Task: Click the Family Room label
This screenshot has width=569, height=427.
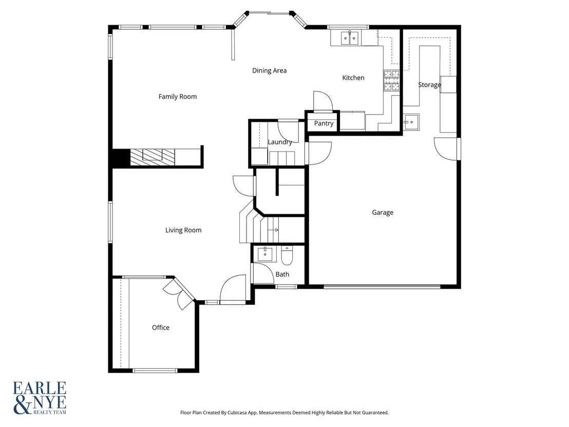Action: click(x=178, y=97)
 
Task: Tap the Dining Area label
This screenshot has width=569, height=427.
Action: click(x=269, y=70)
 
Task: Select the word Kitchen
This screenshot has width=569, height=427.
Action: click(x=353, y=78)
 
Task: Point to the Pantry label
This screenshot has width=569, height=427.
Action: click(x=324, y=123)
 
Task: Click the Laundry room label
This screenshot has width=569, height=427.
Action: click(x=280, y=142)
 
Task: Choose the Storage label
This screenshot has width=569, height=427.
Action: click(x=429, y=85)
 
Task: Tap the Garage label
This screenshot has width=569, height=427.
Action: click(x=383, y=212)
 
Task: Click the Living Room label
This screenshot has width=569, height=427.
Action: click(x=183, y=230)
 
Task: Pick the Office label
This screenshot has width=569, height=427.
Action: click(x=161, y=327)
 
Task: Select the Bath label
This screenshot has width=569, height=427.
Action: click(x=282, y=274)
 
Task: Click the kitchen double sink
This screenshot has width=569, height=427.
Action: click(x=350, y=38)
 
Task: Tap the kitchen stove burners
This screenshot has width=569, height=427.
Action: click(x=391, y=81)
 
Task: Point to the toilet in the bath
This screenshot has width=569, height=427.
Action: click(x=287, y=255)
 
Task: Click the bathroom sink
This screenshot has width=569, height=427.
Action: click(x=265, y=254)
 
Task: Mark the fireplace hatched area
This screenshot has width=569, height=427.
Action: click(x=153, y=157)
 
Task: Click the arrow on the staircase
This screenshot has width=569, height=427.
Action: click(x=273, y=230)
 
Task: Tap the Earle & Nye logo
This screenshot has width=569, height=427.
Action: click(x=40, y=398)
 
